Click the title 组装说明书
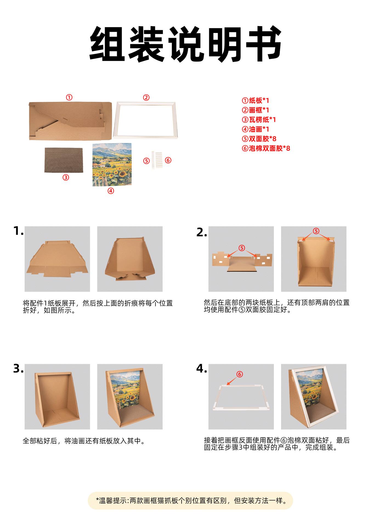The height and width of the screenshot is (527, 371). tap(185, 44)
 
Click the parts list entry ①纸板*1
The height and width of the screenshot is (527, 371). tap(255, 100)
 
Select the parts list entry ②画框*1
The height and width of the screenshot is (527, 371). tap(255, 110)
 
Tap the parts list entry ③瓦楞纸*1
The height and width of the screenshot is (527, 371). tap(259, 120)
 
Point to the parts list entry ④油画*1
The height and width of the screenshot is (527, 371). tap(255, 129)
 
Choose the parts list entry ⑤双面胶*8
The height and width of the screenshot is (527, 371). tap(259, 139)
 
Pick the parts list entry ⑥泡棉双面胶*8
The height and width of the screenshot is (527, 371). tap(266, 148)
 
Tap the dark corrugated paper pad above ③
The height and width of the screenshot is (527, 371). tap(64, 160)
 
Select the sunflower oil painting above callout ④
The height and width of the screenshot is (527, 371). tap(112, 165)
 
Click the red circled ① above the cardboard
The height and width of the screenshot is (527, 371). tap(69, 97)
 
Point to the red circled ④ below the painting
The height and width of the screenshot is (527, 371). tap(111, 191)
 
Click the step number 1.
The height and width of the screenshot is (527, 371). tap(18, 231)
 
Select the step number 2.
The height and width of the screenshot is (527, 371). tap(202, 232)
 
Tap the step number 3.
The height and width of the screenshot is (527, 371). tap(18, 368)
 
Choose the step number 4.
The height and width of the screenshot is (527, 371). tap(202, 368)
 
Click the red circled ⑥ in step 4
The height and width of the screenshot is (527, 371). tap(240, 374)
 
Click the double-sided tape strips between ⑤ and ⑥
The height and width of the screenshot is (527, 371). tap(157, 160)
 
